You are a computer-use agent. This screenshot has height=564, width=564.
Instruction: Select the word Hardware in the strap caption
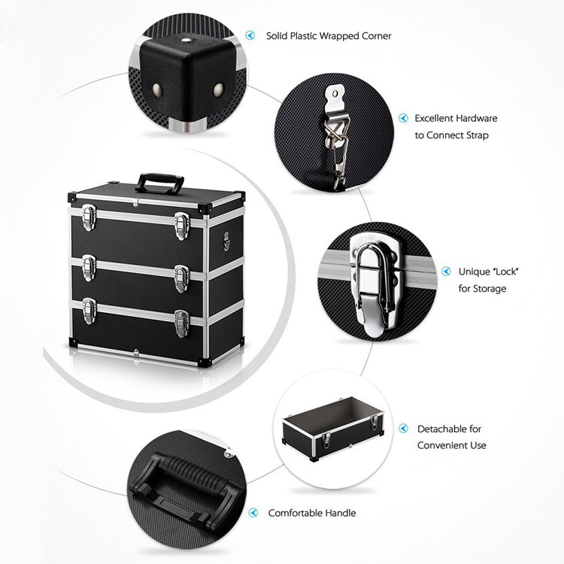pyautogui.click(x=476, y=118)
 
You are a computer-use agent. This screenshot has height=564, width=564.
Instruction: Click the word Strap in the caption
pyautogui.click(x=478, y=135)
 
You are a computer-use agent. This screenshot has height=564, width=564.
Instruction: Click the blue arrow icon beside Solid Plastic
pyautogui.click(x=250, y=35)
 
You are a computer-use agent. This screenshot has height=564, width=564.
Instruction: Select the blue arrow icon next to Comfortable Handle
pyautogui.click(x=253, y=513)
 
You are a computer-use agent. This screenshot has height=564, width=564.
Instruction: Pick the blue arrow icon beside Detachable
pyautogui.click(x=404, y=429)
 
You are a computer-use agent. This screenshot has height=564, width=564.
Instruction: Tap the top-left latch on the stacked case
pyautogui.click(x=89, y=217)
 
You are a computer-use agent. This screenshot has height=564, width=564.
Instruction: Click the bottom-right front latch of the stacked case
pyautogui.click(x=182, y=323)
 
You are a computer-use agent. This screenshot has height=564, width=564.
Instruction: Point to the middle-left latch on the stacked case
pyautogui.click(x=89, y=268)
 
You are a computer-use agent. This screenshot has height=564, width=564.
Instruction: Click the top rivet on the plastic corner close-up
pyautogui.click(x=186, y=41)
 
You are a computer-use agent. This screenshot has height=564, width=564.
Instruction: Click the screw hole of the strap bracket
pyautogui.click(x=335, y=94)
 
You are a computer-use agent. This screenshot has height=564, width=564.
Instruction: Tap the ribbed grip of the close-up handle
pyautogui.click(x=196, y=472)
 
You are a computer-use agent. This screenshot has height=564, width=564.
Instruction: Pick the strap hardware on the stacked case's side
pyautogui.click(x=226, y=241)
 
